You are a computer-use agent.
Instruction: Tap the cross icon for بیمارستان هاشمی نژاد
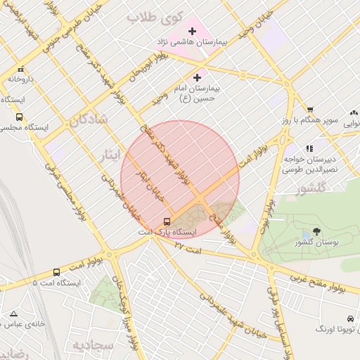click(x=192, y=31)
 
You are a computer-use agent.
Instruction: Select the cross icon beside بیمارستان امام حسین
click(x=196, y=77)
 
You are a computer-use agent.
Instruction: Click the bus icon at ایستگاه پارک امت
click(x=167, y=221)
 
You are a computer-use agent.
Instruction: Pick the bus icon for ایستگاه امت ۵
click(x=57, y=272)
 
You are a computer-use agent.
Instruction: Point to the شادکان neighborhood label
click(x=88, y=120)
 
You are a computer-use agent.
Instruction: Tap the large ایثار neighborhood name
click(x=110, y=153)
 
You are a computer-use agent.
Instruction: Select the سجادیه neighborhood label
click(x=92, y=346)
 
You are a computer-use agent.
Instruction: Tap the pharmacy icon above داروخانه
click(x=20, y=70)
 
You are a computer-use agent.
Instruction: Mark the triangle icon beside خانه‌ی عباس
click(x=13, y=314)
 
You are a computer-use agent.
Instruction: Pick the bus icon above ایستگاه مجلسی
click(x=18, y=117)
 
